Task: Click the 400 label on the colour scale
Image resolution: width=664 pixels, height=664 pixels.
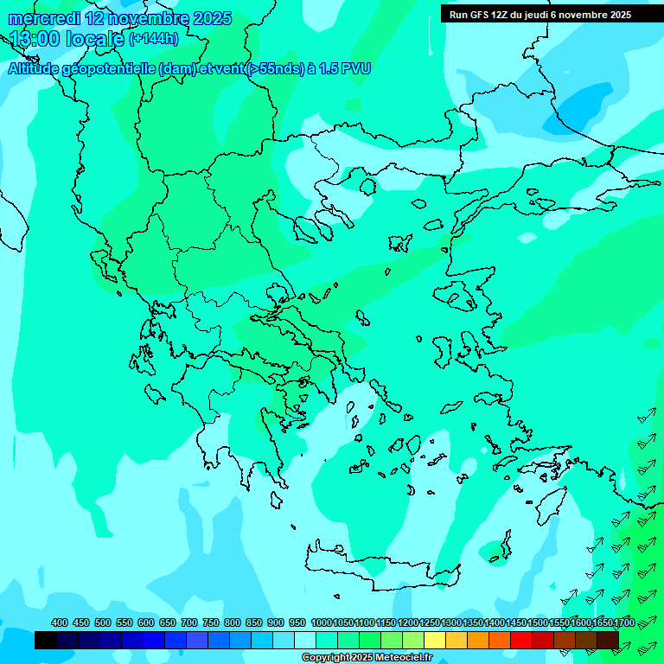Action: point(60,622)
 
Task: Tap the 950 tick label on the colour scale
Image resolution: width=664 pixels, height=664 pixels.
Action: point(297,622)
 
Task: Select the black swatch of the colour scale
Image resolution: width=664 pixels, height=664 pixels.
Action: point(46,640)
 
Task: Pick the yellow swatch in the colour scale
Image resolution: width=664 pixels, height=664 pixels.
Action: point(435,640)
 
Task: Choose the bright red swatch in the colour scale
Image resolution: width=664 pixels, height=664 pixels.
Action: point(521,640)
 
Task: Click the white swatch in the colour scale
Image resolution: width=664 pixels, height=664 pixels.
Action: point(305,640)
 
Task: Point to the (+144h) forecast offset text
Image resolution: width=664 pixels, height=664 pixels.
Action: point(154,39)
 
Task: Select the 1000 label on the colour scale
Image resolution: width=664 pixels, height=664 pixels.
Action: point(321,622)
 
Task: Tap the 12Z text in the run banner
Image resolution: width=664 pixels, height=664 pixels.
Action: point(500,15)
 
